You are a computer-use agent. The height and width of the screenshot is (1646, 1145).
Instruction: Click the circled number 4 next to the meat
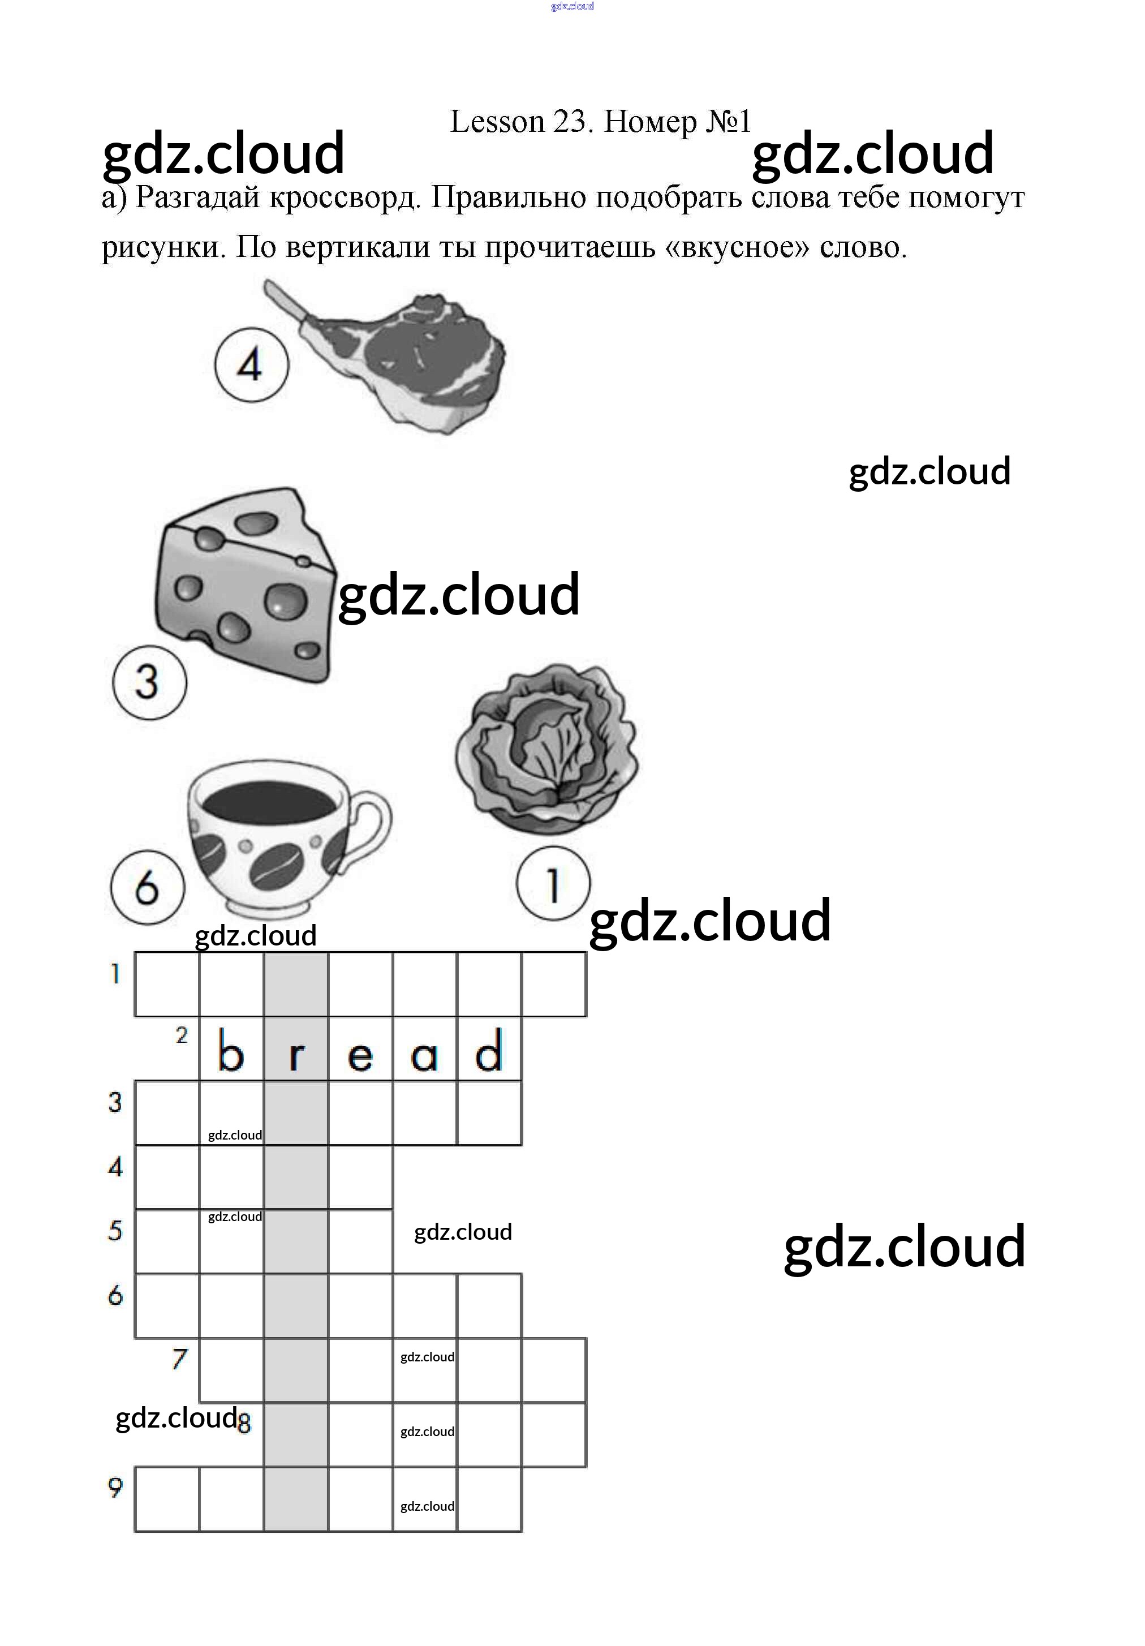(x=251, y=365)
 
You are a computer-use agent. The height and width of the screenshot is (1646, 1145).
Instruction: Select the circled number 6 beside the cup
(x=147, y=887)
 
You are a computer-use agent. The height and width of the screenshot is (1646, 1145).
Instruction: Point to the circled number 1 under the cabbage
(x=553, y=883)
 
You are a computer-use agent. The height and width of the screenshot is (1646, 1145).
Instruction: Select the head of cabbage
(x=546, y=749)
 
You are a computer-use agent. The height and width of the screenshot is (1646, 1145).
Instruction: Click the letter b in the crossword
(x=231, y=1051)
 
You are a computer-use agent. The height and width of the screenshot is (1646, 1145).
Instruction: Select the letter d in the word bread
(x=489, y=1051)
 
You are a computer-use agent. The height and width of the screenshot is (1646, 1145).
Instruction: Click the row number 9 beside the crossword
(x=115, y=1488)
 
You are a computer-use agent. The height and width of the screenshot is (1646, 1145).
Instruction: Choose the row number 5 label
(x=115, y=1231)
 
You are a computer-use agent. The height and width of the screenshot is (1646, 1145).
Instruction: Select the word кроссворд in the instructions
(x=344, y=197)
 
